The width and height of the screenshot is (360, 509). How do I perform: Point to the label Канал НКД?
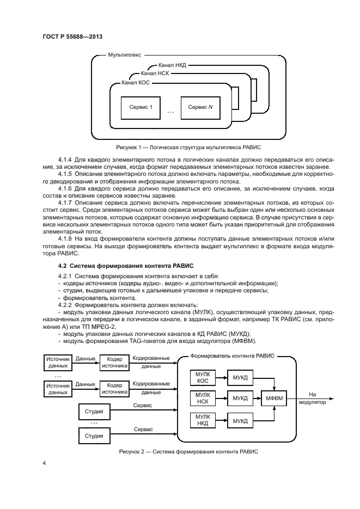click(173, 65)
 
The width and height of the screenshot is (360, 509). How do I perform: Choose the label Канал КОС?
click(136, 82)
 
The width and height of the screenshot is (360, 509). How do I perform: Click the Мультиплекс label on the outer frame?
click(125, 55)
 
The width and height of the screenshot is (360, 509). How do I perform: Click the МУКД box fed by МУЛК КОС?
click(240, 377)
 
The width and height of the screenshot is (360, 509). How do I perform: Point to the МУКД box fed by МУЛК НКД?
click(240, 420)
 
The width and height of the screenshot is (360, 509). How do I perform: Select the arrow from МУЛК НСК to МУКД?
click(220, 398)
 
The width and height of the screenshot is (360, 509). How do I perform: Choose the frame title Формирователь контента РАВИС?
click(231, 355)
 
